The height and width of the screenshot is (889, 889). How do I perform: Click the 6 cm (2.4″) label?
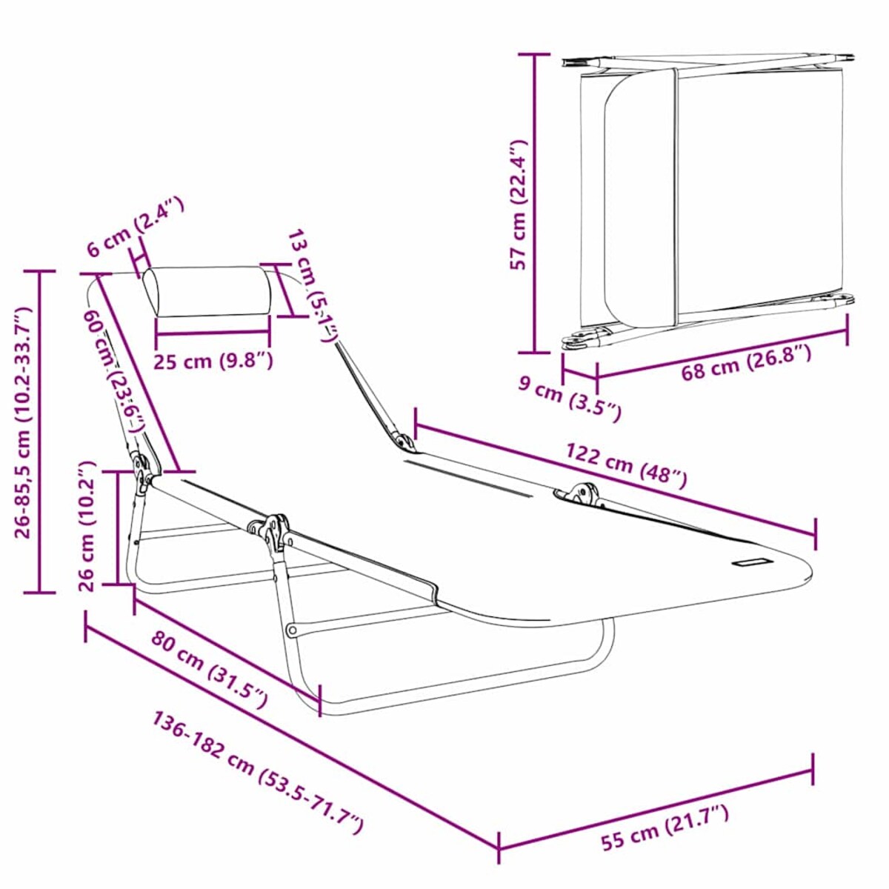[134, 226]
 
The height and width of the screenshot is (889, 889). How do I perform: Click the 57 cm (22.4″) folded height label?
[519, 203]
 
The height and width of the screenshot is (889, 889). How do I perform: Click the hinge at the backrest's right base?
[404, 442]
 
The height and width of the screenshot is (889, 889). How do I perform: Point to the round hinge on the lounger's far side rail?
[586, 493]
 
